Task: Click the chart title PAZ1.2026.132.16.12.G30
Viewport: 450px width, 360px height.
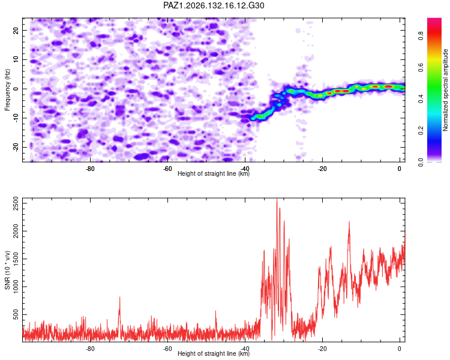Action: [214, 5]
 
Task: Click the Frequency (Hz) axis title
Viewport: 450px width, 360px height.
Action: [7, 90]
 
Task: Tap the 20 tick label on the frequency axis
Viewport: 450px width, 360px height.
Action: [16, 31]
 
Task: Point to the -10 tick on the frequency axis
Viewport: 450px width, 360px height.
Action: [16, 118]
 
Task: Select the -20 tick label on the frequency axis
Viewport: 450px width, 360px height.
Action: [16, 147]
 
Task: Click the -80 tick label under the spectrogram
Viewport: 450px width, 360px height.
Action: [90, 169]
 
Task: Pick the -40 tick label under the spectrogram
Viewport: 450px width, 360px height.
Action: [245, 169]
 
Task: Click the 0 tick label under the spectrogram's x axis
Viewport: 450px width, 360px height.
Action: [400, 169]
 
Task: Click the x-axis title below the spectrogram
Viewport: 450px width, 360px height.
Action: [214, 173]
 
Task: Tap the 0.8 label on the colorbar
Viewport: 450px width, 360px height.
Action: [421, 36]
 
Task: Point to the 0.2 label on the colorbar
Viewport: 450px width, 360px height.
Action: [421, 131]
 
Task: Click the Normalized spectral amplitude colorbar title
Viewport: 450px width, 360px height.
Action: [445, 90]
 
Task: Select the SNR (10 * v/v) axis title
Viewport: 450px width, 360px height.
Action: [7, 270]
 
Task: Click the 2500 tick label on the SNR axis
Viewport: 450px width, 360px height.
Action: [16, 203]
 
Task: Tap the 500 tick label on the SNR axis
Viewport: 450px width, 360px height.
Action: [16, 314]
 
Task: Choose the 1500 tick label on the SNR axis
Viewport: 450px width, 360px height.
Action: [16, 259]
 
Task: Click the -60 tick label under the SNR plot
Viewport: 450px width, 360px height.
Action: [167, 349]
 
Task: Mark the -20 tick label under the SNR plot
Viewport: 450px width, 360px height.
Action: [322, 349]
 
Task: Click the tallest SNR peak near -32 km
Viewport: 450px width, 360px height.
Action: [277, 199]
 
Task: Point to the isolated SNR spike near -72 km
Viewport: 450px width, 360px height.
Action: [119, 298]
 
